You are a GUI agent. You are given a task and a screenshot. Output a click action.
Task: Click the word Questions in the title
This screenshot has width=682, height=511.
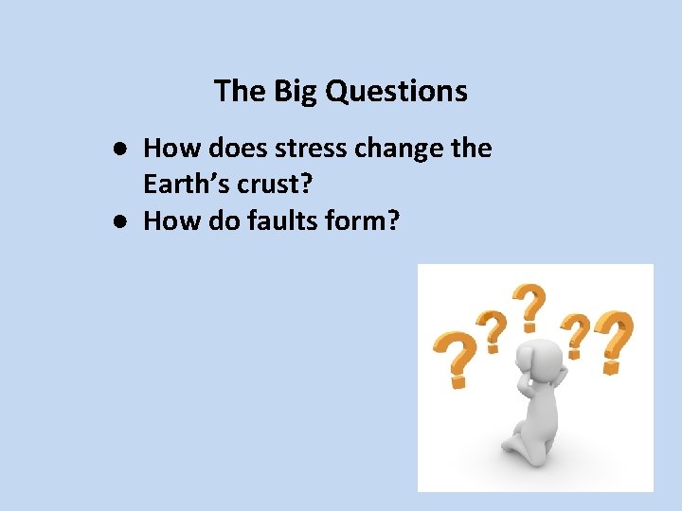click(x=397, y=91)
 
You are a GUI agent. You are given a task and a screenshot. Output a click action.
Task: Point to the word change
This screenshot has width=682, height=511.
click(x=404, y=148)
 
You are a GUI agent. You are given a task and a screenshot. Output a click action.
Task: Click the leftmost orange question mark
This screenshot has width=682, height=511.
click(x=454, y=358)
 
